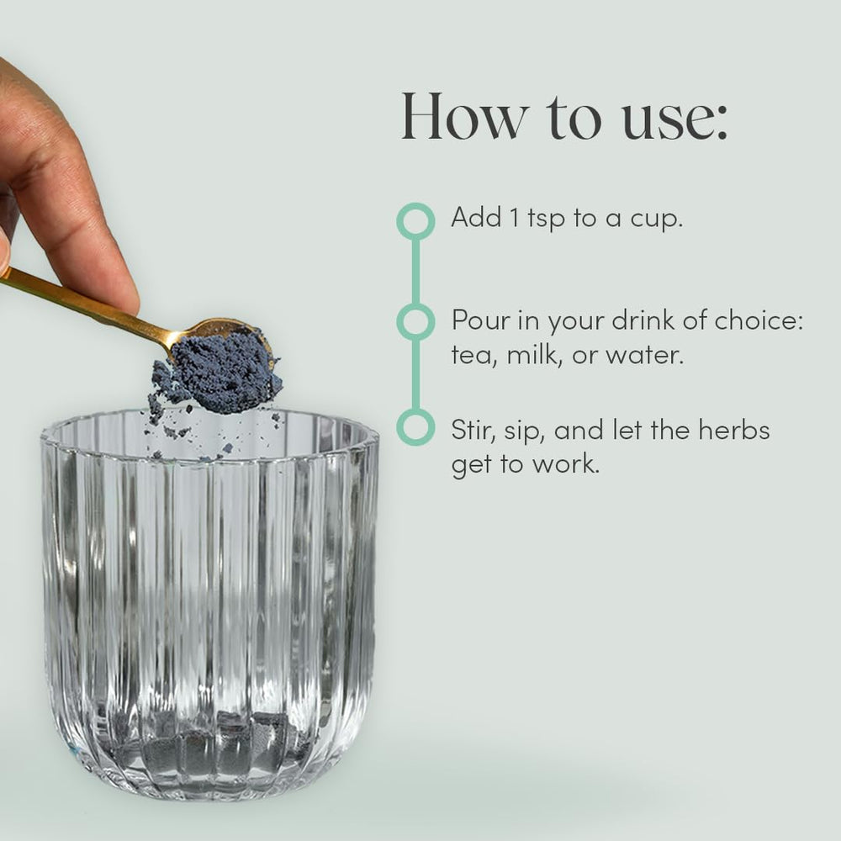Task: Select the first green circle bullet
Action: [x=415, y=220]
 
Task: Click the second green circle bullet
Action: [x=415, y=322]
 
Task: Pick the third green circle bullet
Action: [x=415, y=427]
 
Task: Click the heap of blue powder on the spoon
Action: [x=227, y=370]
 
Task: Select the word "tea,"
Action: [x=475, y=355]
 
